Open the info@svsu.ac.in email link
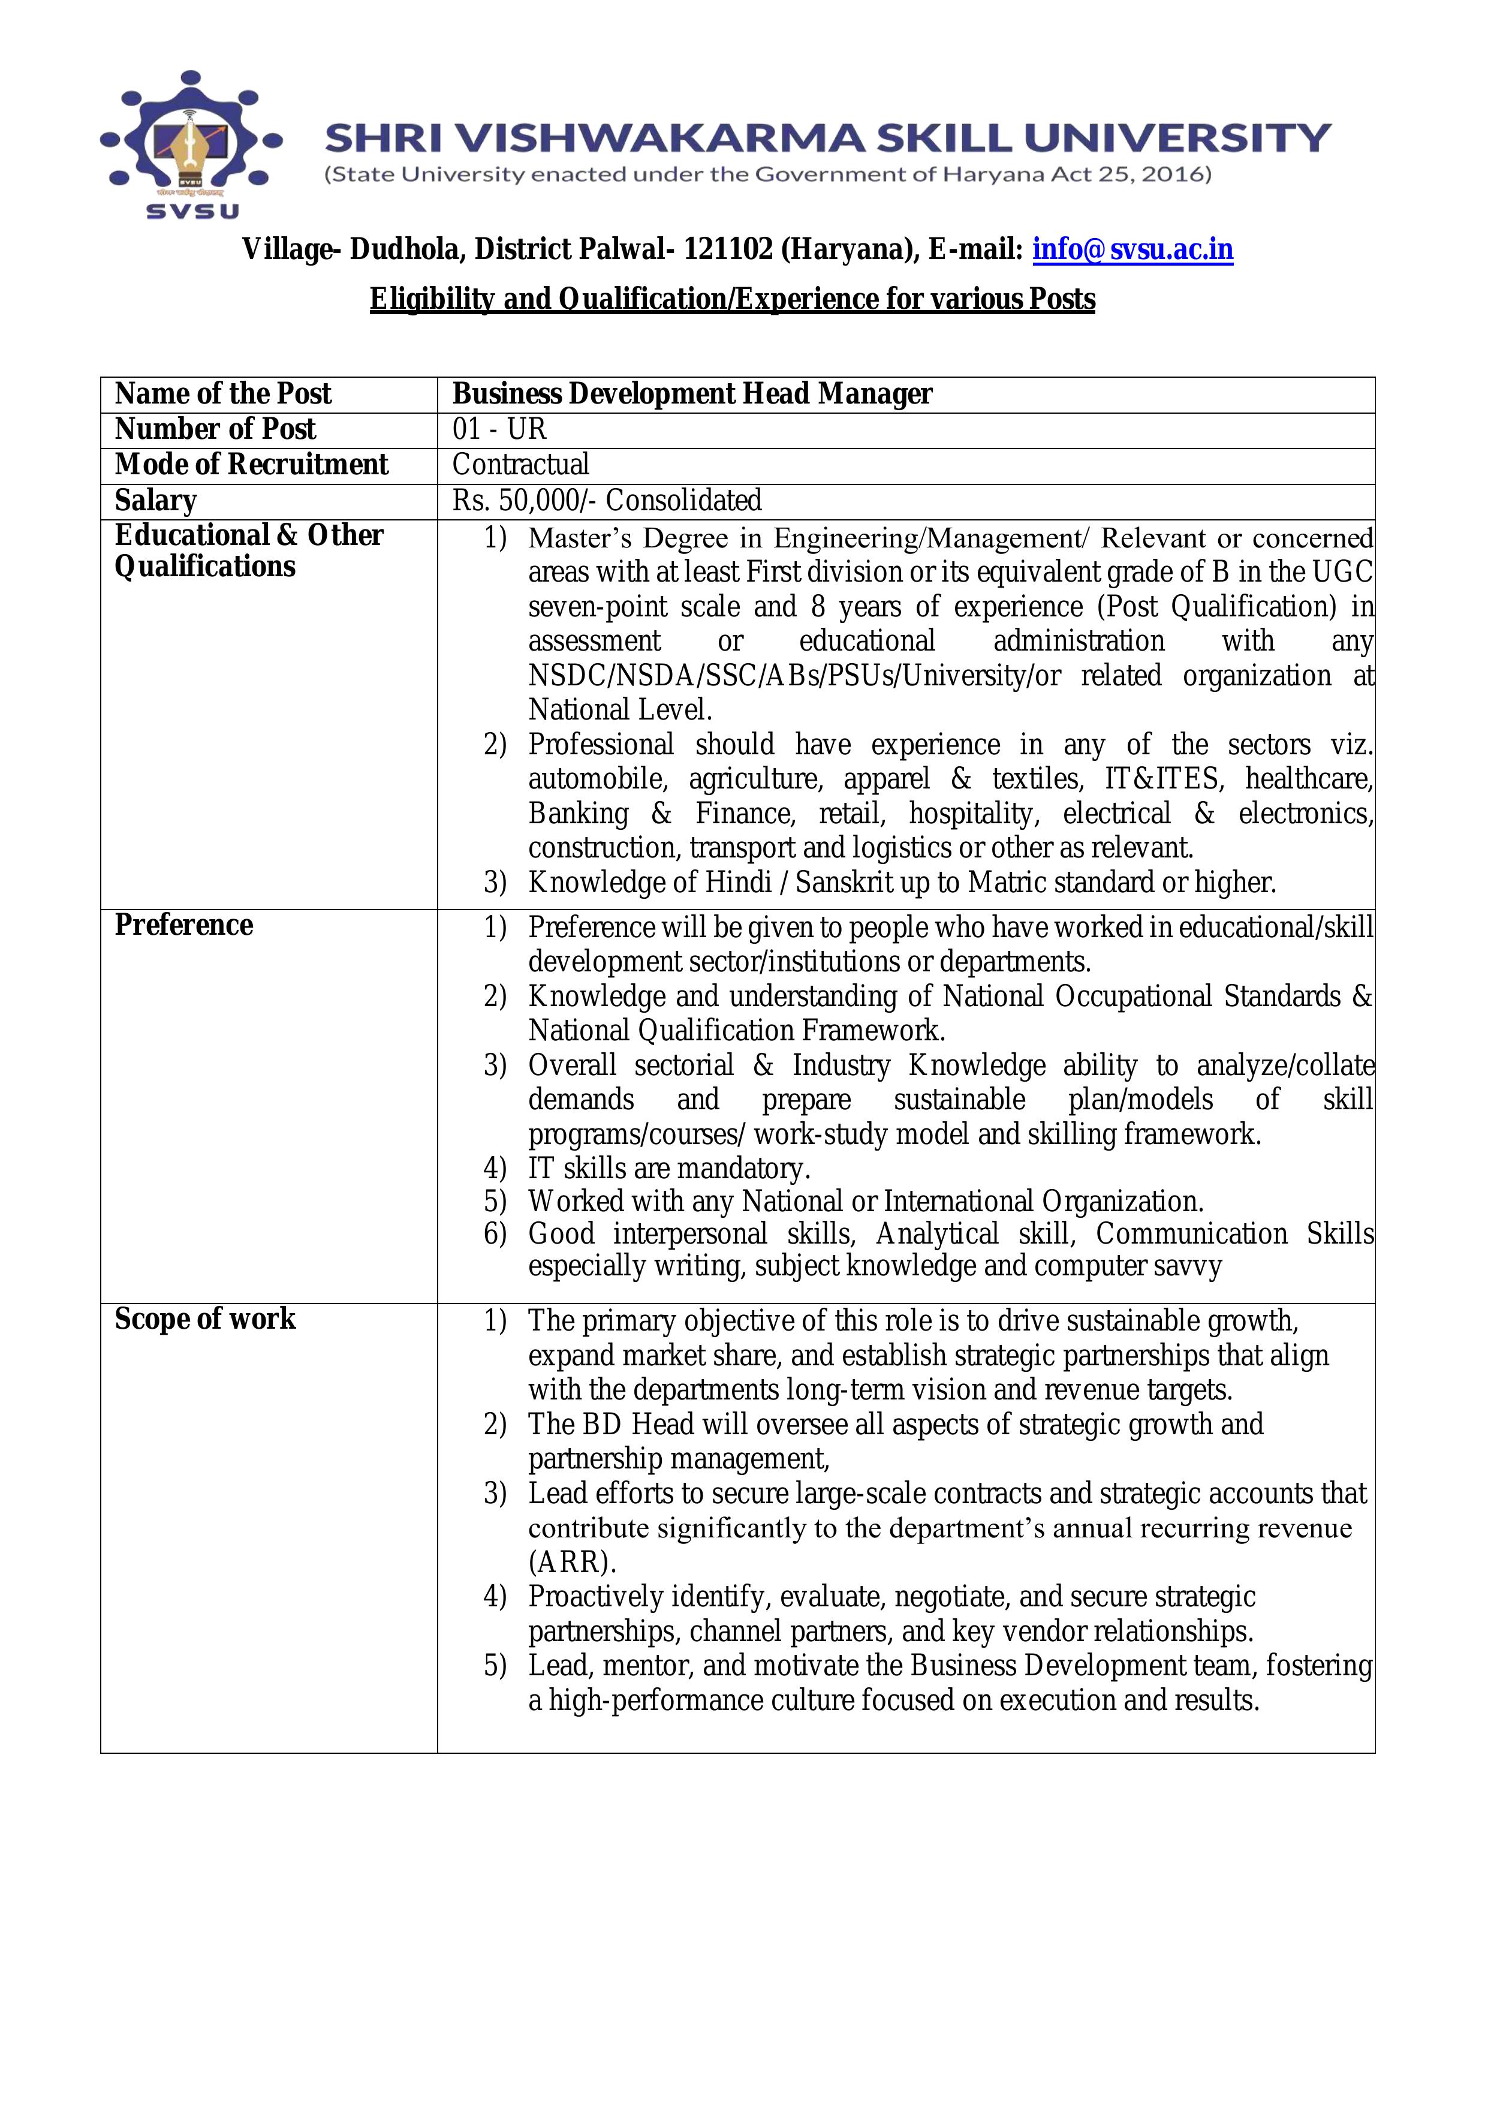[x=1132, y=249]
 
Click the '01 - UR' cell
[x=499, y=429]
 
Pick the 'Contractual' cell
[x=520, y=465]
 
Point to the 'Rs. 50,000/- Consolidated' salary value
[x=607, y=500]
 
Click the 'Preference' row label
[x=183, y=926]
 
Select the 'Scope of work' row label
[x=205, y=1320]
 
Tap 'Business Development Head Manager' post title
[x=692, y=394]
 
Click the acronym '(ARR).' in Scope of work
[x=572, y=1561]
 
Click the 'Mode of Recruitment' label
[x=251, y=465]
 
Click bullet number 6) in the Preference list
[x=495, y=1235]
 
